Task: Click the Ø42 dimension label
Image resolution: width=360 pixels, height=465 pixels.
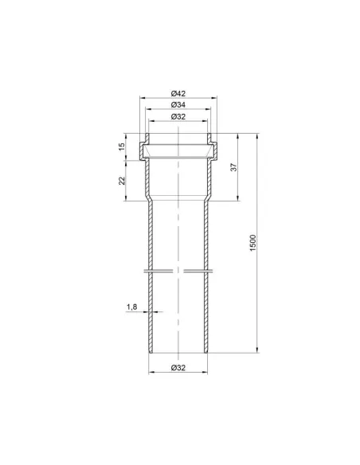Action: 178,93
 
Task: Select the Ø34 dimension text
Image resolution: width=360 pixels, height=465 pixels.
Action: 178,104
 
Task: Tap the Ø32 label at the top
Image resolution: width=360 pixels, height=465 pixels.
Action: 178,116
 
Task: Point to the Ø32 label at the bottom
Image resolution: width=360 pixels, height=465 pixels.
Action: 178,368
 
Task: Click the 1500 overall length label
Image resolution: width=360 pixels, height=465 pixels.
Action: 252,243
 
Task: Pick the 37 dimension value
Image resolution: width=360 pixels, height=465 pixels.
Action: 234,167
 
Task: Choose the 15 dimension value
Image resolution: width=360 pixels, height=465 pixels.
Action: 122,147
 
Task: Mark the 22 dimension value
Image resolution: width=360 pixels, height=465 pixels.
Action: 122,181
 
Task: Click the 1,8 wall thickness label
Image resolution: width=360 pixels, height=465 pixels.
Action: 132,307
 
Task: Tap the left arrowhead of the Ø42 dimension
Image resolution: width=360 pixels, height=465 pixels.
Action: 143,98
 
